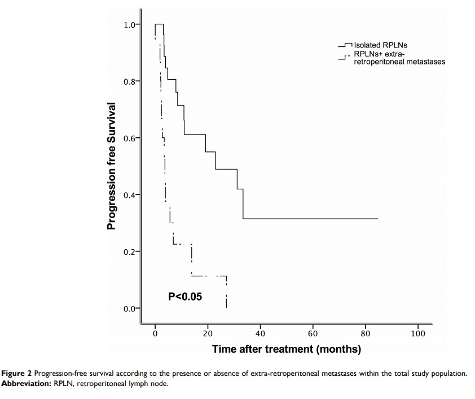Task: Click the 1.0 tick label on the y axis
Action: pyautogui.click(x=130, y=25)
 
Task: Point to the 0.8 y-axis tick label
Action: pyautogui.click(x=130, y=81)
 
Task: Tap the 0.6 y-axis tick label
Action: pyautogui.click(x=130, y=138)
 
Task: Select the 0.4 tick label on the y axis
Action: pyautogui.click(x=130, y=195)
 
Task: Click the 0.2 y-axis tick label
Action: pyautogui.click(x=130, y=251)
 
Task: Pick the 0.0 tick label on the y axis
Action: pyautogui.click(x=130, y=309)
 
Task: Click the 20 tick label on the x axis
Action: pyautogui.click(x=208, y=333)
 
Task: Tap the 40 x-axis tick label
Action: pyautogui.click(x=260, y=333)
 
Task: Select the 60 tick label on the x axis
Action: pyautogui.click(x=313, y=333)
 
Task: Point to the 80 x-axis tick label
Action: pyautogui.click(x=365, y=333)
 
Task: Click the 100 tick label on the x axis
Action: pyautogui.click(x=417, y=333)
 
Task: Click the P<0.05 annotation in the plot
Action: pyautogui.click(x=185, y=296)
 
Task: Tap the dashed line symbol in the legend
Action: pyautogui.click(x=344, y=58)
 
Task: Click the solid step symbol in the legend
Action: pyautogui.click(x=345, y=45)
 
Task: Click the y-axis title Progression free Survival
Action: pyautogui.click(x=112, y=166)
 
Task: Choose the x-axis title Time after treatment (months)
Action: pyautogui.click(x=287, y=349)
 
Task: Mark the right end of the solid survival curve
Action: pyautogui.click(x=377, y=218)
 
